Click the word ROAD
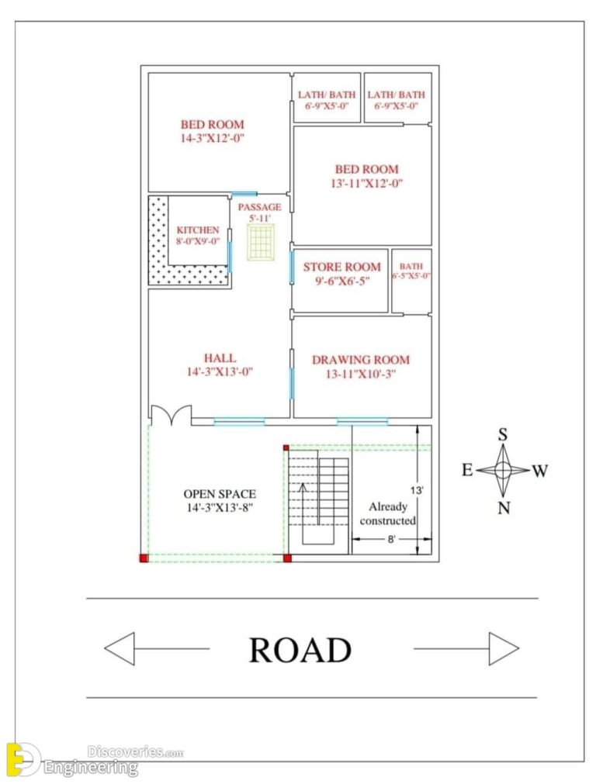pos(300,650)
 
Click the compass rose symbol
pos(503,470)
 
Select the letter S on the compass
pos(503,435)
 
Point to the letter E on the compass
pos(467,470)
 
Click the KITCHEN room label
pos(198,230)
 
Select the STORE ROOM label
pos(341,267)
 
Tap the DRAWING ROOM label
pos(360,360)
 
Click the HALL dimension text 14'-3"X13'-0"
pos(220,371)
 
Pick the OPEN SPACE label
pos(220,494)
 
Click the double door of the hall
pos(172,416)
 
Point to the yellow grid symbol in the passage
pos(260,243)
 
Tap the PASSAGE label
pos(259,207)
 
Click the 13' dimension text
pos(417,490)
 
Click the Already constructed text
pos(387,513)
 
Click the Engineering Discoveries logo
pos(74,758)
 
